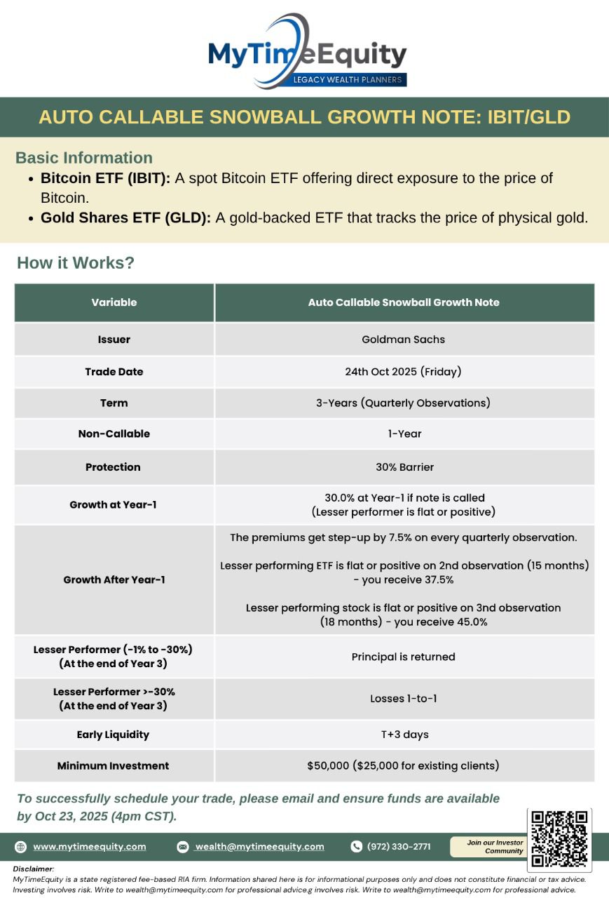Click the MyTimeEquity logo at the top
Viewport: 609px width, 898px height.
click(307, 53)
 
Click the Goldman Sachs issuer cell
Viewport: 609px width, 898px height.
click(403, 340)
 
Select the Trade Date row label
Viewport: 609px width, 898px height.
click(114, 372)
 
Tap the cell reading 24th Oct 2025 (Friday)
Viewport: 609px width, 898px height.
click(403, 372)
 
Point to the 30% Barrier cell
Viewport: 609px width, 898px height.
click(404, 467)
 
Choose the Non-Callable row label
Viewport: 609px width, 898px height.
click(114, 434)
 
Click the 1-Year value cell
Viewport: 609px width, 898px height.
click(404, 434)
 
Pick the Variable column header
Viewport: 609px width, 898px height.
click(114, 302)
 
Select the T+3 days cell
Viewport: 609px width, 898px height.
click(404, 735)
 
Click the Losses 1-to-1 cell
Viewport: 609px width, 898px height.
click(403, 699)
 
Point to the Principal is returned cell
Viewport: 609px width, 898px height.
click(403, 657)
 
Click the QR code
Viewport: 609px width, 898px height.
click(559, 840)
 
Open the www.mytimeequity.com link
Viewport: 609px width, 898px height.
click(89, 847)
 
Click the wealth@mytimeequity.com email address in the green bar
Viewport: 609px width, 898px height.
click(259, 847)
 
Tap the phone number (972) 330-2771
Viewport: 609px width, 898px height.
click(399, 847)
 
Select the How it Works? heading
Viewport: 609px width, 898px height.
click(76, 263)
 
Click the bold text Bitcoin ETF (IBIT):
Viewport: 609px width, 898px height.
click(105, 178)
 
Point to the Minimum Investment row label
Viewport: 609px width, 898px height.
click(113, 766)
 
